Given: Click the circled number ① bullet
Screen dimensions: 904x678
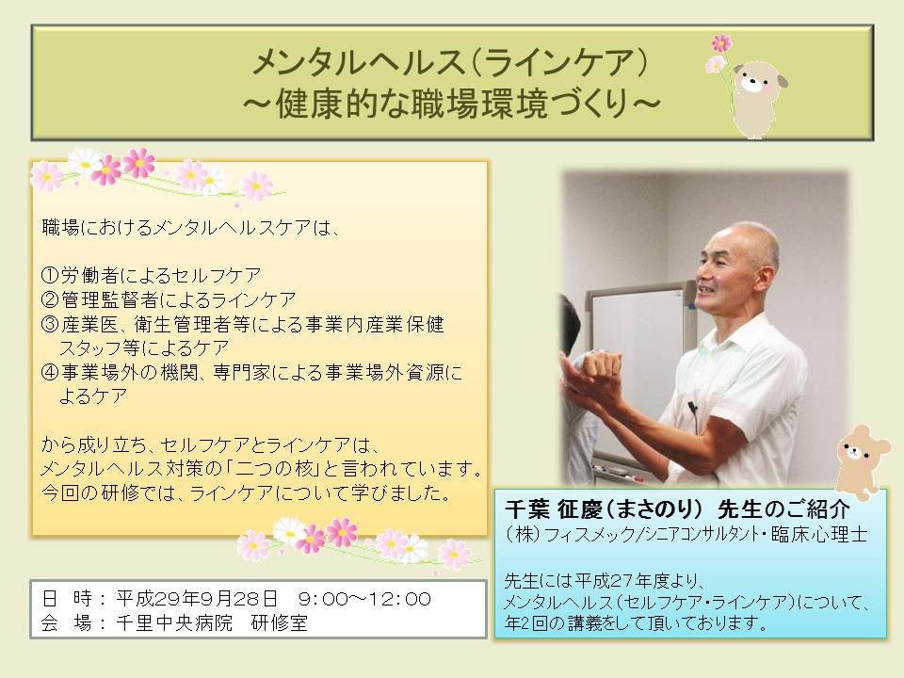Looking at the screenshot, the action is tap(51, 275).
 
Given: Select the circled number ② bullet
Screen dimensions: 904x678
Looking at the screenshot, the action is tap(51, 299).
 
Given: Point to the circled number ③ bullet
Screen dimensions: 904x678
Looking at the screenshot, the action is tap(51, 324).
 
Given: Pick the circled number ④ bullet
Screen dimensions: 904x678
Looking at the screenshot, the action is tap(51, 373).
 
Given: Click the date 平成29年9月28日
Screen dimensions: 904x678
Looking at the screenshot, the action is tap(197, 599).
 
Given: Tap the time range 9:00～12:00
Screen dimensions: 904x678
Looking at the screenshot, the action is tap(364, 599).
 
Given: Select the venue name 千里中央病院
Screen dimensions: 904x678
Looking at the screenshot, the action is tap(174, 623).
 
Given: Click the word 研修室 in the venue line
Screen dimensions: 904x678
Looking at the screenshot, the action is tap(280, 623).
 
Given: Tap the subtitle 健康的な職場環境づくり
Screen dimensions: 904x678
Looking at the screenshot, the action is tap(451, 105).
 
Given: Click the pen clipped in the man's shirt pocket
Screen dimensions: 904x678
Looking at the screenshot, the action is tap(693, 412).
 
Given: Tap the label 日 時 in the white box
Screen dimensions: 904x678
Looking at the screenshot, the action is tap(67, 599).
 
